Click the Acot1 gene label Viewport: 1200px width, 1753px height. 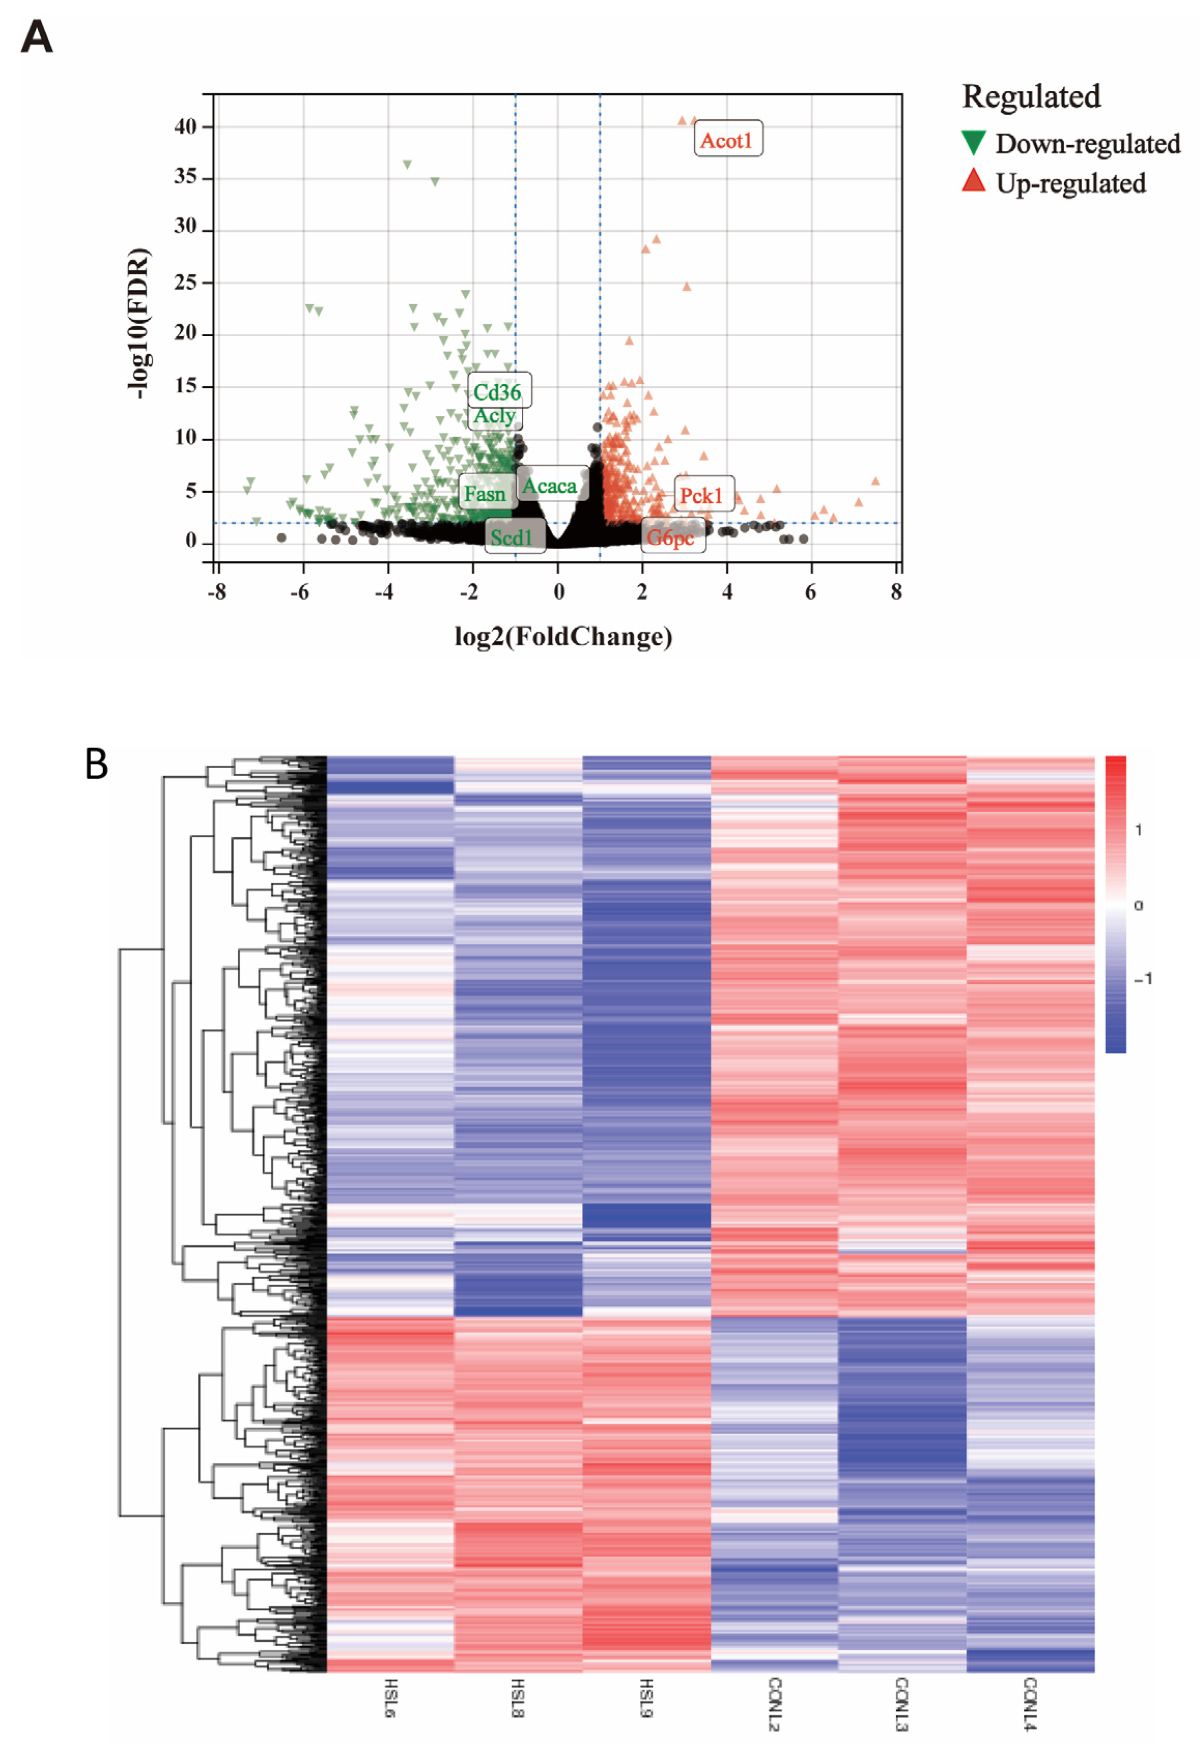(x=727, y=140)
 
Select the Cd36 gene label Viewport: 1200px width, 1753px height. (x=497, y=391)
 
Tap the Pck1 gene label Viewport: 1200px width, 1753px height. (x=702, y=496)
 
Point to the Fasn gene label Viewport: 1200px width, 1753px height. (x=485, y=494)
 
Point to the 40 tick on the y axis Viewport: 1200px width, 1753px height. (x=185, y=126)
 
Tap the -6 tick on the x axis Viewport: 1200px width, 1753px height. (x=300, y=592)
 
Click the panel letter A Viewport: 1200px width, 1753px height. (x=36, y=36)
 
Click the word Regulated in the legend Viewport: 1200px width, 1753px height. (x=1031, y=96)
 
